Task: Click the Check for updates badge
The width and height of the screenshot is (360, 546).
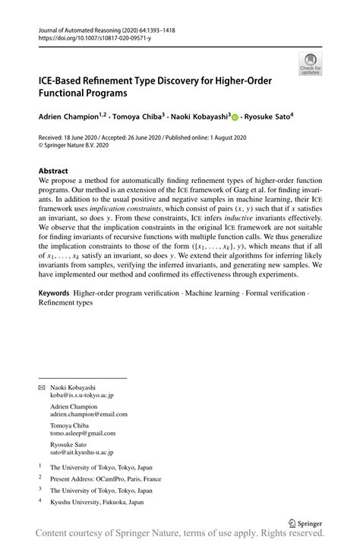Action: click(x=311, y=64)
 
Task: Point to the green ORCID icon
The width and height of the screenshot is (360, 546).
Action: click(x=235, y=118)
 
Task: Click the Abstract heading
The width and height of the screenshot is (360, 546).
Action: click(x=53, y=172)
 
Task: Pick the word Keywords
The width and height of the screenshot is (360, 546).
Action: click(x=55, y=293)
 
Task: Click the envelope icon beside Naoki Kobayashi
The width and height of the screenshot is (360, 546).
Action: click(x=42, y=388)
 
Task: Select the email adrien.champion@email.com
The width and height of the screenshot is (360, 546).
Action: click(x=89, y=415)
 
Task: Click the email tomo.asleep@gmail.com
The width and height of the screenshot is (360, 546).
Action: click(x=84, y=433)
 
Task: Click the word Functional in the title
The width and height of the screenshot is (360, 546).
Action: click(x=68, y=94)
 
